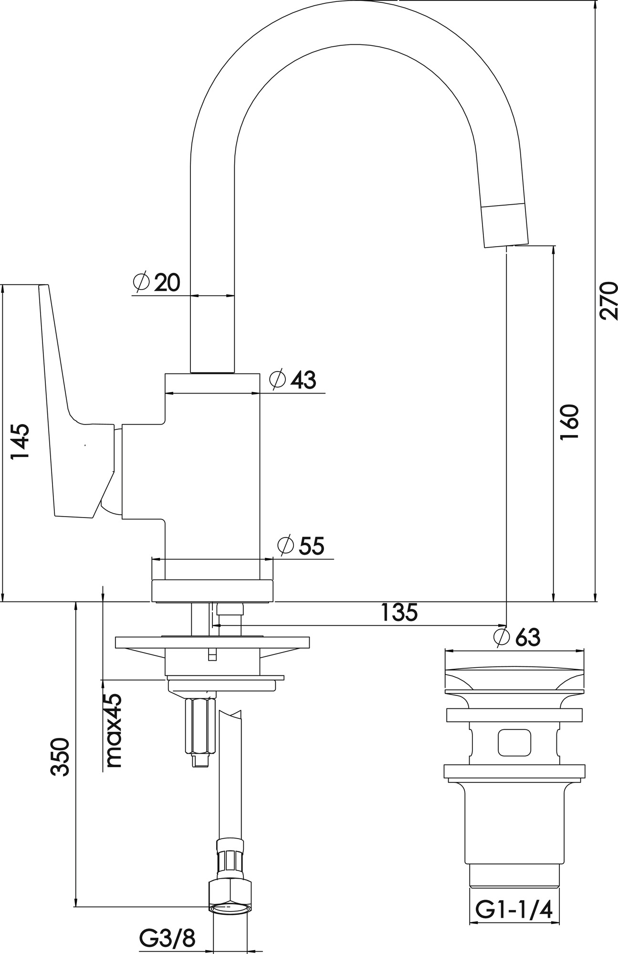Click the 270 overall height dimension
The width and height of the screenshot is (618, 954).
click(x=608, y=301)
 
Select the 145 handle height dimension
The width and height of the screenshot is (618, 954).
click(x=20, y=441)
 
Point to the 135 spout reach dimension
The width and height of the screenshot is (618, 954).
click(x=399, y=612)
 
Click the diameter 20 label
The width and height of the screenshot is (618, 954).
click(x=157, y=282)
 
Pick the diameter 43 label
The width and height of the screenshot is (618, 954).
click(x=293, y=380)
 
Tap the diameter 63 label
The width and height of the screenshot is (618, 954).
click(x=517, y=637)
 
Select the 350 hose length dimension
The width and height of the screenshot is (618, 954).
click(x=61, y=757)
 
